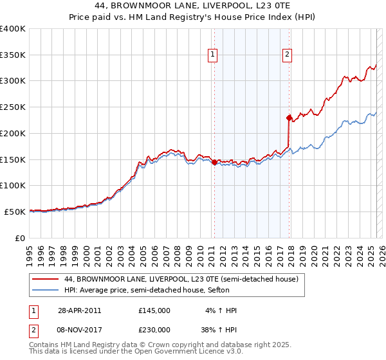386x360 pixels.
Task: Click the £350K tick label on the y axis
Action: pos(13,55)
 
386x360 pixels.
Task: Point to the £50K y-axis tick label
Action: pos(15,212)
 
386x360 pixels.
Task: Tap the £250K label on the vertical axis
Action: pos(13,107)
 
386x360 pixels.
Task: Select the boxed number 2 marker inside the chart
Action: pos(287,55)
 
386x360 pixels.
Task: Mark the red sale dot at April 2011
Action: pos(214,162)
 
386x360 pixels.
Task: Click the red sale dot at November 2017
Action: pos(289,118)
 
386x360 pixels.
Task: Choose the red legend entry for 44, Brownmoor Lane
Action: pos(181,280)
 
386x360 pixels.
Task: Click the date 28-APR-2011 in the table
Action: pos(79,310)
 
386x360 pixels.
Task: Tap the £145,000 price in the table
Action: pos(154,310)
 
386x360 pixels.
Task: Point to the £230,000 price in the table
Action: pos(154,330)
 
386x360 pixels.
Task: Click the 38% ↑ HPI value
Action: pos(220,330)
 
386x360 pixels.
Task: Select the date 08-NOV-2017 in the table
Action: pos(80,330)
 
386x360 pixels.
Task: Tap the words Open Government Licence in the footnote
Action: pos(185,353)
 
